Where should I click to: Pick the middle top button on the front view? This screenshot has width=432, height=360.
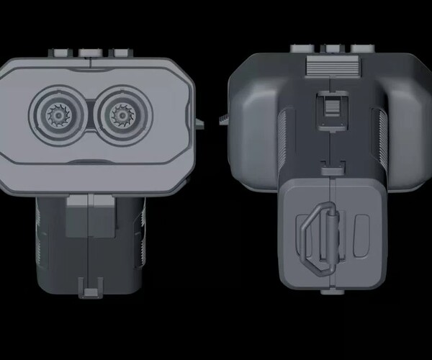click(89, 53)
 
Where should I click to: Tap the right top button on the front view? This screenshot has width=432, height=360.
click(120, 53)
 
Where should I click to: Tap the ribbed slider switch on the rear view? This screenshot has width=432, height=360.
click(331, 107)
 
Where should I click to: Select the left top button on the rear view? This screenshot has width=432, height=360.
click(301, 49)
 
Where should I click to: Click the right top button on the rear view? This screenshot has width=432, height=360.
click(361, 49)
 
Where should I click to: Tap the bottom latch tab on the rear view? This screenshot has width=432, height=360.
click(331, 292)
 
